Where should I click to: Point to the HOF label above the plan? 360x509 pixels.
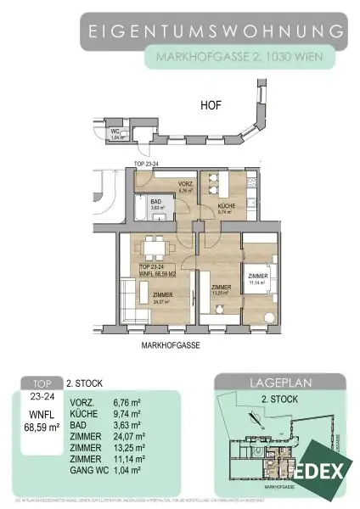tap(211, 108)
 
